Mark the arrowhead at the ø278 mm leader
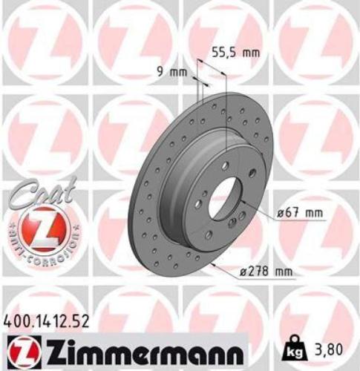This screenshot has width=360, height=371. coord(215,265)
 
